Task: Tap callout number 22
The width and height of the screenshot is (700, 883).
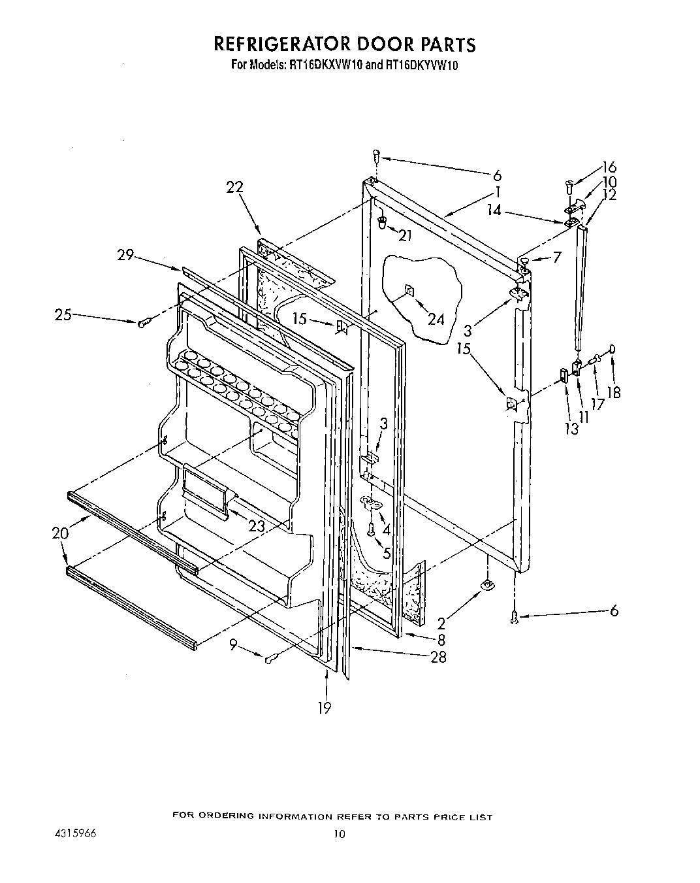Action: (234, 187)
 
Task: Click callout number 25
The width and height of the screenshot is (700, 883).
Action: (63, 316)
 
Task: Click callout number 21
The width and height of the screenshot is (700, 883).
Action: (405, 236)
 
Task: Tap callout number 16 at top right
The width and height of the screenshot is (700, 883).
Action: (609, 167)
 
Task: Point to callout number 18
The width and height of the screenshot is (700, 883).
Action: (613, 393)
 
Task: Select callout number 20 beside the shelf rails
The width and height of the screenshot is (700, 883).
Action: (59, 533)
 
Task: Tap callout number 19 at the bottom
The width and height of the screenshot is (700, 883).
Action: (325, 707)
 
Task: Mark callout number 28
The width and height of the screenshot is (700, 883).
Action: (439, 657)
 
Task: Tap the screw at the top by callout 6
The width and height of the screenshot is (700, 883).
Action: (376, 155)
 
